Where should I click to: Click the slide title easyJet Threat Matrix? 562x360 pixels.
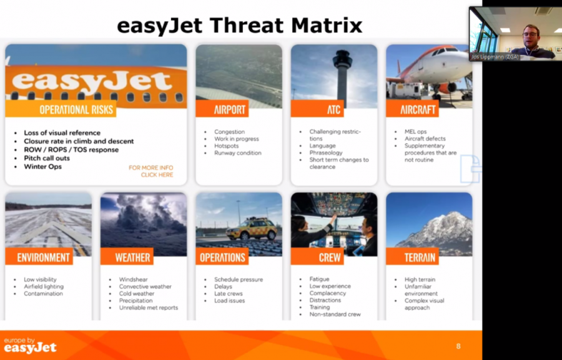coord(239,26)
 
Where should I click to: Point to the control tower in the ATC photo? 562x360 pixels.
coord(343,75)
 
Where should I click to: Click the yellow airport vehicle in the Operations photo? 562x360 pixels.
coord(252,229)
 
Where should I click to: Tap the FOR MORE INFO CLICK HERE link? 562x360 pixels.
coord(151,171)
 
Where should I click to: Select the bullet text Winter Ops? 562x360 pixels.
coord(42,167)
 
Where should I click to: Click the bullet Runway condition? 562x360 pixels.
coord(238,153)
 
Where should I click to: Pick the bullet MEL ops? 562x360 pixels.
coord(415,132)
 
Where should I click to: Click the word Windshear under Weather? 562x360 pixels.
coord(134,280)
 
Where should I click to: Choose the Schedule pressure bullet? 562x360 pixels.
coord(239,280)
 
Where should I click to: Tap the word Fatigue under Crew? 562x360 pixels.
coord(319,279)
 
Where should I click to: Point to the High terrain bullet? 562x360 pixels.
coord(420,280)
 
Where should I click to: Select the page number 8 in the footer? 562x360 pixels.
coord(458,346)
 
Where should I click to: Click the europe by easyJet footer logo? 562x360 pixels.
coord(30,345)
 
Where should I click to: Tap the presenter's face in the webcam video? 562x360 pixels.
coord(530,36)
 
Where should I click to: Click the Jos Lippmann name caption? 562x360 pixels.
coord(495,57)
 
